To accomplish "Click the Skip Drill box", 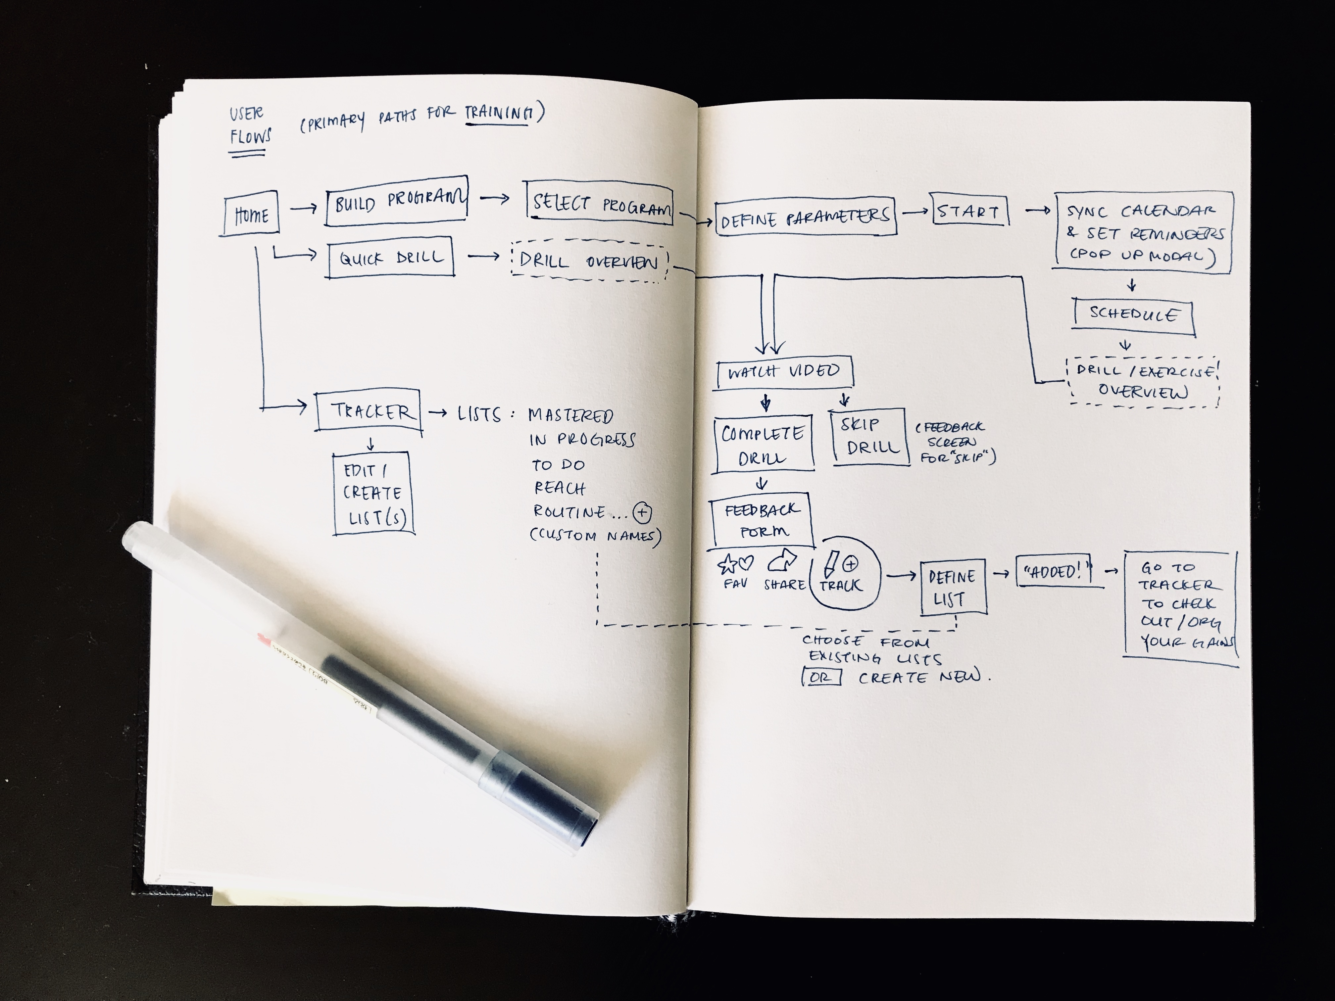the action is point(870,436).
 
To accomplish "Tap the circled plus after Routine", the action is point(642,513).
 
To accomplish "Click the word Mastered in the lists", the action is point(570,416).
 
